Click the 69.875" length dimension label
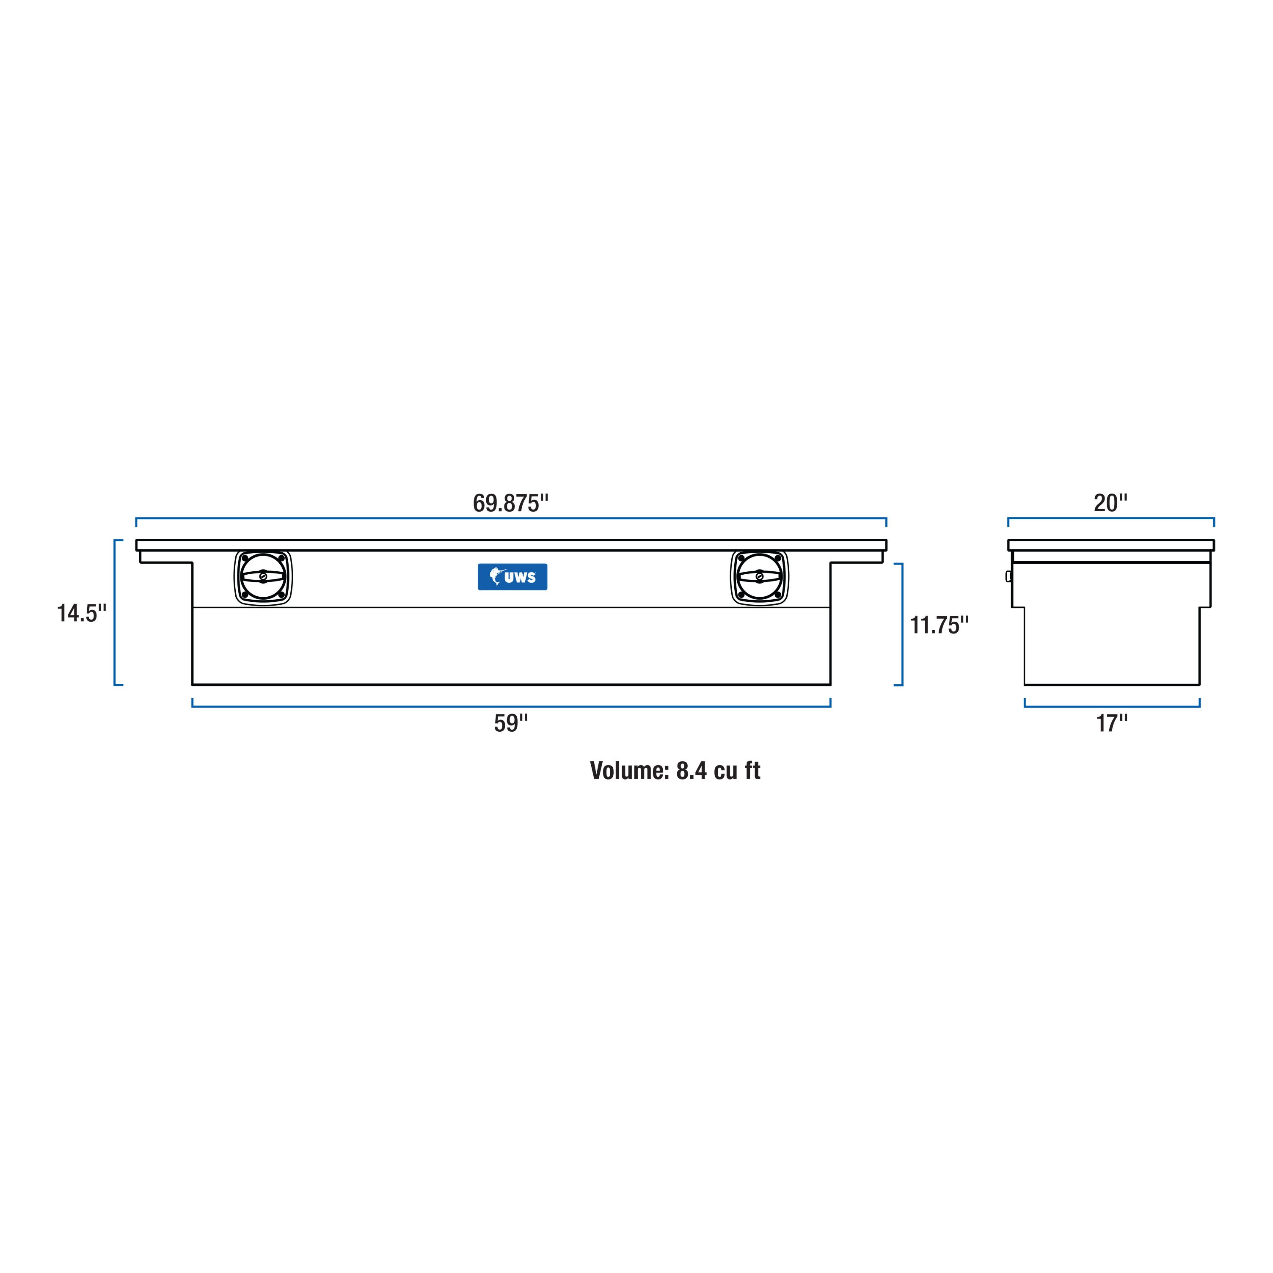[x=511, y=503]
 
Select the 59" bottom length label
[x=511, y=723]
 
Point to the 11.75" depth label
[x=939, y=625]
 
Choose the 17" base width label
[x=1112, y=723]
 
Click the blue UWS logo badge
[x=512, y=576]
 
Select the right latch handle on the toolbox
[x=760, y=577]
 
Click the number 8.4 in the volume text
[x=691, y=770]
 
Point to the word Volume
[x=628, y=770]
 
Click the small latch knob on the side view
[x=1008, y=576]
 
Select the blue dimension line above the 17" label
[x=1112, y=706]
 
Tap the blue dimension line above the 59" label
[x=511, y=706]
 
